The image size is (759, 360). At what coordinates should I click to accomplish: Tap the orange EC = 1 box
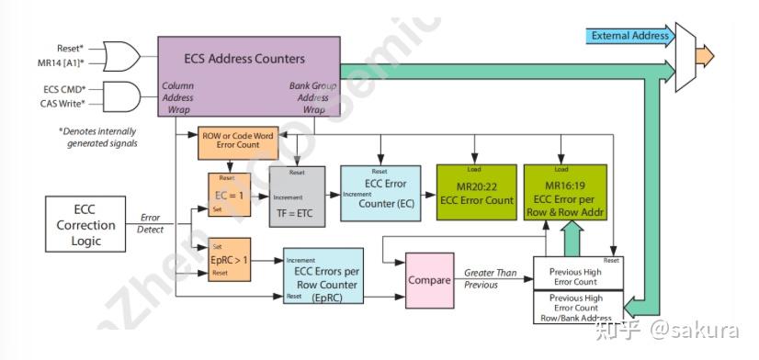[x=225, y=195]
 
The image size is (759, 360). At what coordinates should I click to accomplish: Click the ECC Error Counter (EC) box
[x=379, y=194]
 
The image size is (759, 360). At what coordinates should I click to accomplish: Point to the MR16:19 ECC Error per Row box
[x=565, y=193]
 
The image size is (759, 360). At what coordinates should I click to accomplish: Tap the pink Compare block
[x=429, y=280]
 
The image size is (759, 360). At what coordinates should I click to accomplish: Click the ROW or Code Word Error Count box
[x=237, y=140]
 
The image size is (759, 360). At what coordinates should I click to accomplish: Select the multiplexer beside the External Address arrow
[x=685, y=57]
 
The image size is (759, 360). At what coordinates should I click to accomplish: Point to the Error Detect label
[x=149, y=224]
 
